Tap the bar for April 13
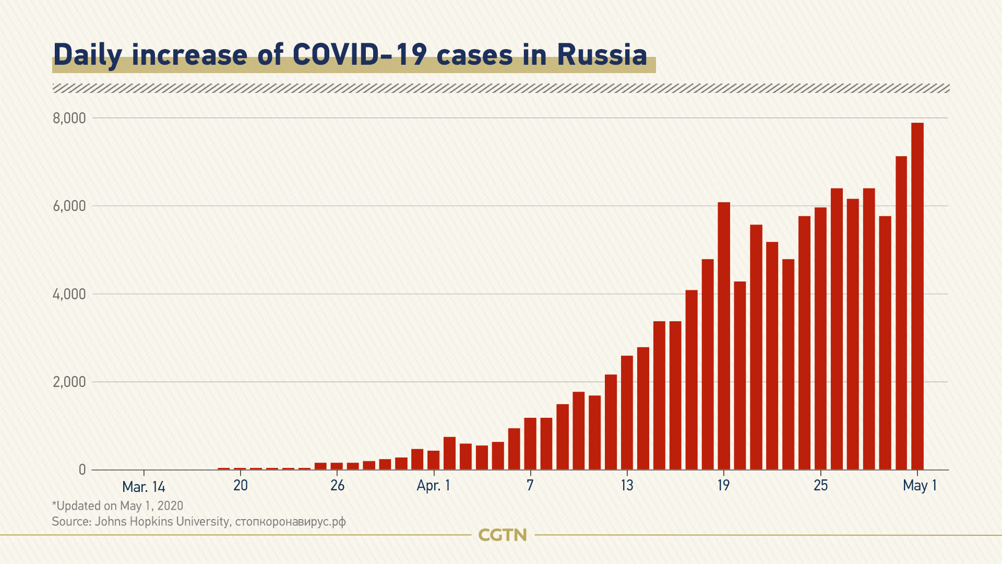pyautogui.click(x=627, y=413)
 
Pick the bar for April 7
pyautogui.click(x=530, y=443)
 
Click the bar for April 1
pyautogui.click(x=434, y=460)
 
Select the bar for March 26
pyautogui.click(x=337, y=466)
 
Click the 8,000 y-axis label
pyautogui.click(x=69, y=119)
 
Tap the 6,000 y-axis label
pyautogui.click(x=69, y=206)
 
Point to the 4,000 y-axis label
pyautogui.click(x=69, y=295)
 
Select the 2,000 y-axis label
pyautogui.click(x=69, y=382)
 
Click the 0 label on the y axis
pyautogui.click(x=82, y=470)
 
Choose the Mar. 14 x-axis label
pyautogui.click(x=144, y=487)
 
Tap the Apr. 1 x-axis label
pyautogui.click(x=433, y=486)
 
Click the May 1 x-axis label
pyautogui.click(x=920, y=486)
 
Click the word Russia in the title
pyautogui.click(x=602, y=55)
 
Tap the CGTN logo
pyautogui.click(x=503, y=535)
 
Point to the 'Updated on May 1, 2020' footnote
pyautogui.click(x=118, y=506)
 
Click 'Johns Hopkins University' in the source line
pyautogui.click(x=162, y=521)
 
